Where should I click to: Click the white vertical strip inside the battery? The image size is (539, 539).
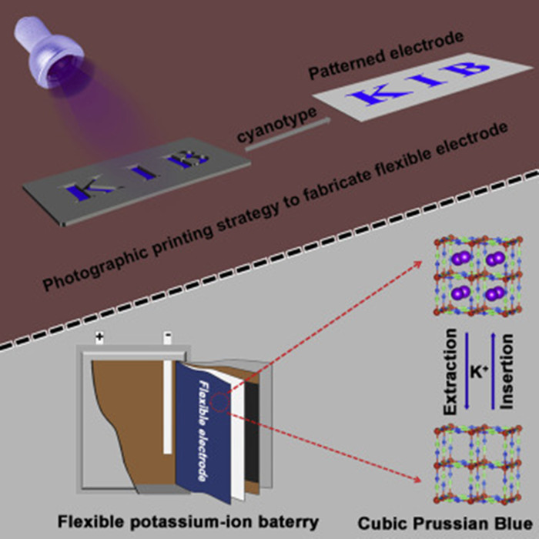[167, 400]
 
